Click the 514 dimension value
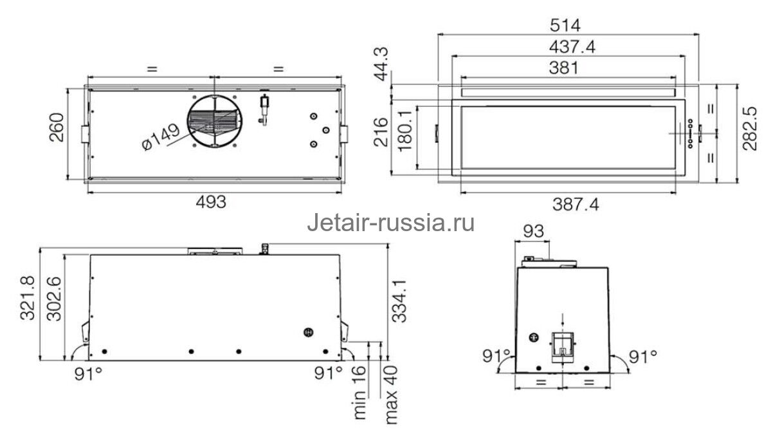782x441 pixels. pos(566,26)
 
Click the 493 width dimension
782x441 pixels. pos(212,202)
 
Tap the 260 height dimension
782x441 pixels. pos(57,129)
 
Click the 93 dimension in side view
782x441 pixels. pos(533,231)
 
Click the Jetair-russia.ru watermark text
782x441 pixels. pos(391,223)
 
